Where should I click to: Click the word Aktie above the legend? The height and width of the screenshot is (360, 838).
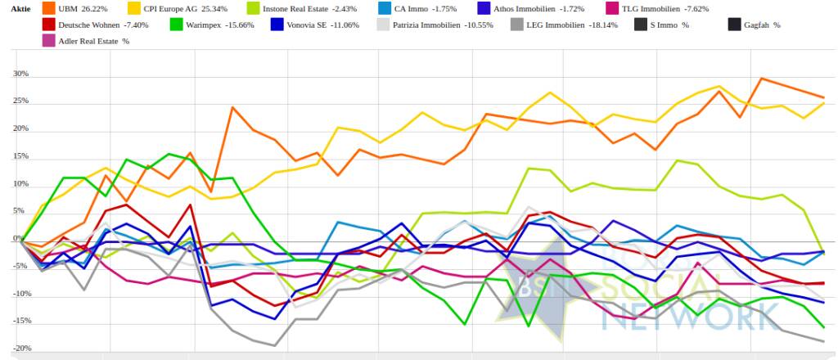(20, 8)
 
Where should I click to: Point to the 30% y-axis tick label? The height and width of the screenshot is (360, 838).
(20, 74)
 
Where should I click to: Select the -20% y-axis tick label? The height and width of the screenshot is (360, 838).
(20, 349)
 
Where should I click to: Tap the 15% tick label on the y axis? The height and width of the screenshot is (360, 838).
(20, 157)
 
